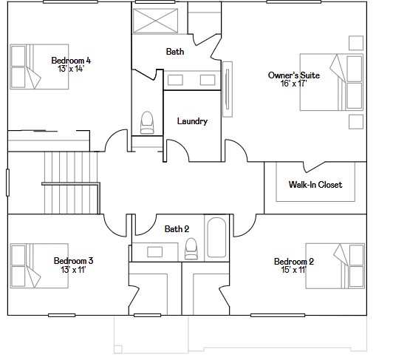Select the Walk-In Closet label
[x=315, y=185]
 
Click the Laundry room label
[x=192, y=121]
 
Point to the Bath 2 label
[x=177, y=228]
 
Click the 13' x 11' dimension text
[x=73, y=270]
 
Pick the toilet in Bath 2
[x=191, y=248]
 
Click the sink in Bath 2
[x=154, y=252]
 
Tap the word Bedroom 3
[x=73, y=261]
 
